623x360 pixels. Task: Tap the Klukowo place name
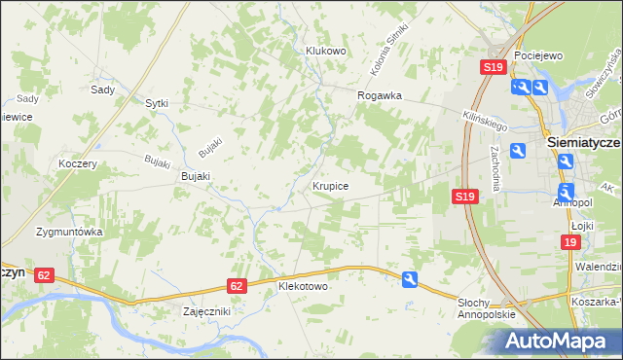326,52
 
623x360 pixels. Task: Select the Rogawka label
380,95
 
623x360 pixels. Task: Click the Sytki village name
157,102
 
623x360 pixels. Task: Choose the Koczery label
78,163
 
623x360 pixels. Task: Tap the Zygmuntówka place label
69,233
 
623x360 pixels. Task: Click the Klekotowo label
303,288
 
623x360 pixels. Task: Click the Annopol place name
572,202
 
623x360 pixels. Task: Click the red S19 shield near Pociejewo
493,67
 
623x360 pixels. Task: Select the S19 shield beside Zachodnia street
465,197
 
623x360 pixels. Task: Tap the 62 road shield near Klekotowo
238,286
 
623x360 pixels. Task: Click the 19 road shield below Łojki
571,242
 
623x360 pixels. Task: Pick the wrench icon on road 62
410,279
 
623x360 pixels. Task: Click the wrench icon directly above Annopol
567,191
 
